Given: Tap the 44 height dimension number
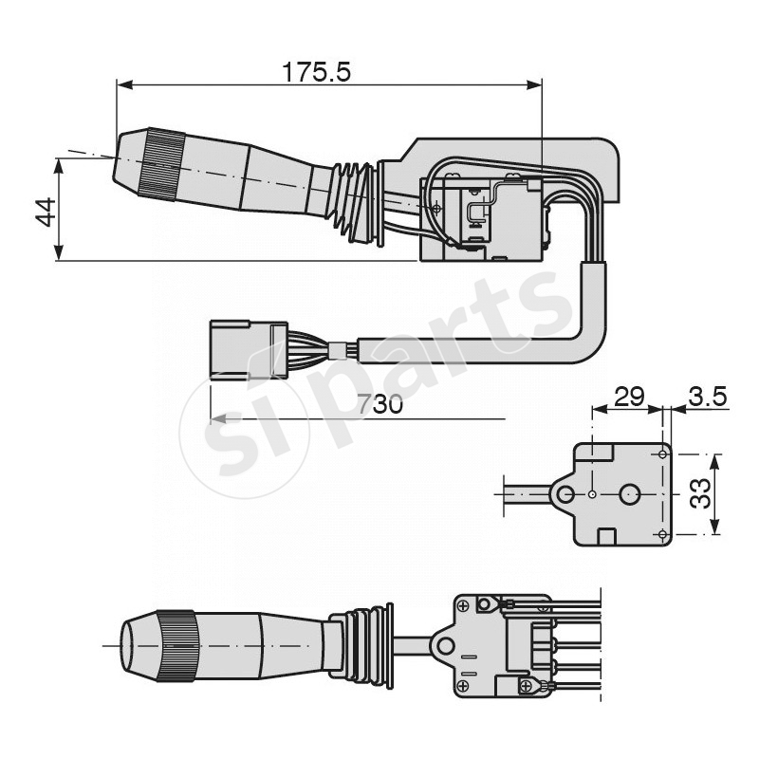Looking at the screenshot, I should point(43,211).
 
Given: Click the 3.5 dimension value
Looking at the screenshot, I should point(708,397).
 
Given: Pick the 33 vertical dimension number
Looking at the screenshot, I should point(700,493).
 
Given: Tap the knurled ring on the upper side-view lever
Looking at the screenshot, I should point(160,165).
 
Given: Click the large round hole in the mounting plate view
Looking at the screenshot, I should point(631,494).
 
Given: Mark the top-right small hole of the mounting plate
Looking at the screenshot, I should point(662,454).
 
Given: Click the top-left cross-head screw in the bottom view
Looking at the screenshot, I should point(463,603).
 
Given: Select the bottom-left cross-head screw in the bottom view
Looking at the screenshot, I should point(463,685).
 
